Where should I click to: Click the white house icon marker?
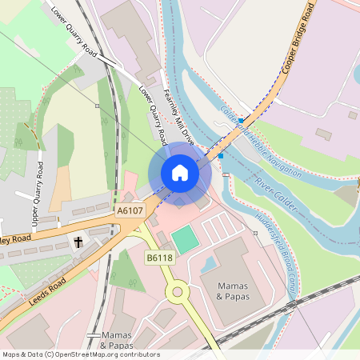(x=180, y=172)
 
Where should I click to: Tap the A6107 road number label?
(x=130, y=210)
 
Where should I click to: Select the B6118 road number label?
(x=158, y=257)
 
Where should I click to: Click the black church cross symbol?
(x=79, y=241)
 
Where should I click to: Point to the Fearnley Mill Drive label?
(x=178, y=116)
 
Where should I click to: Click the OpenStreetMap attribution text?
(x=80, y=354)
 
